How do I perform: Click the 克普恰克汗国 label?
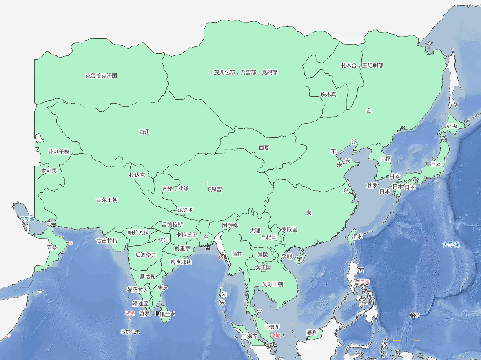pyautogui.click(x=101, y=75)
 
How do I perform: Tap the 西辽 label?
pyautogui.click(x=144, y=132)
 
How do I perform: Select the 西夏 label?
pyautogui.click(x=264, y=148)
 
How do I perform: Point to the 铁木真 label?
pyautogui.click(x=328, y=94)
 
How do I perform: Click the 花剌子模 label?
pyautogui.click(x=59, y=152)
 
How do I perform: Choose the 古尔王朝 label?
pyautogui.click(x=107, y=200)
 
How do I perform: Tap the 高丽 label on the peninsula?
pyautogui.click(x=386, y=159)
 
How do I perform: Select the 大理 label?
pyautogui.click(x=255, y=230)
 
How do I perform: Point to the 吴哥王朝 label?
pyautogui.click(x=273, y=284)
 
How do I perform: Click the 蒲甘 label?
pyautogui.click(x=237, y=254)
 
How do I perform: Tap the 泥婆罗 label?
pyautogui.click(x=185, y=210)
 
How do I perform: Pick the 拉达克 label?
pyautogui.click(x=137, y=175)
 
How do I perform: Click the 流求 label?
pyautogui.click(x=357, y=236)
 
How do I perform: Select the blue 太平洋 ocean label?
pyautogui.click(x=451, y=245)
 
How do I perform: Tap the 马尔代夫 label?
pyautogui.click(x=130, y=332)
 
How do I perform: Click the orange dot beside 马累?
pyautogui.click(x=130, y=318)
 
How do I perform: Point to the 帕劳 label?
pyautogui.click(x=415, y=315)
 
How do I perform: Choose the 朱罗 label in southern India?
pyautogui.click(x=163, y=287)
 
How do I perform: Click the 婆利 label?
pyautogui.click(x=312, y=332)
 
